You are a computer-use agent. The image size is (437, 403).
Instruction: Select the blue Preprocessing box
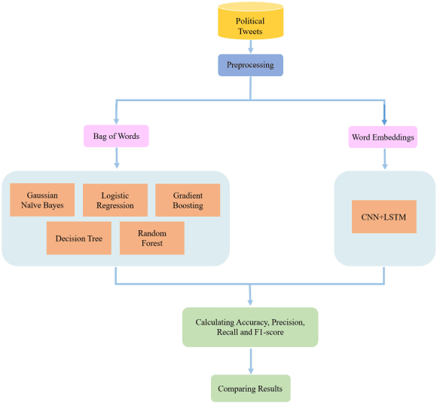[x=250, y=65]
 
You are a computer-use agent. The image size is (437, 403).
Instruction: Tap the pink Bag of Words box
[x=116, y=137]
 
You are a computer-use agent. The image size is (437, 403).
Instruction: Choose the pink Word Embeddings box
[x=384, y=137]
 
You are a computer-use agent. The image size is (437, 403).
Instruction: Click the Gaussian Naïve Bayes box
[x=42, y=200]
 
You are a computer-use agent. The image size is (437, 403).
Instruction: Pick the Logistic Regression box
[x=115, y=200]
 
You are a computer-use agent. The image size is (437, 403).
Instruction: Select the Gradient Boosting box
[x=188, y=200]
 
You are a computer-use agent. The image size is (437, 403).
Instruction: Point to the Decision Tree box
[x=78, y=238]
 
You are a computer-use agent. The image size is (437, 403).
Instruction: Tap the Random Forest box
[x=151, y=238]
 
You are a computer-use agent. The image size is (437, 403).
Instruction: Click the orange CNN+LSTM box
[x=384, y=217]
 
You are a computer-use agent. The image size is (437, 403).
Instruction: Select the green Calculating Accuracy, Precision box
[x=250, y=328]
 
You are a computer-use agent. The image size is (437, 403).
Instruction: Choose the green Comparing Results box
[x=250, y=388]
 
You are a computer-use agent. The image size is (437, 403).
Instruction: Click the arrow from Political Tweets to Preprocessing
[x=250, y=46]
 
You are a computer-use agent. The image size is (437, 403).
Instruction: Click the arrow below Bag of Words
[x=116, y=158]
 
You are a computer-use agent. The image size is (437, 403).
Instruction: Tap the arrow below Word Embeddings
[x=384, y=158]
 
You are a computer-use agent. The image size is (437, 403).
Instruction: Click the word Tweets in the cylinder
[x=250, y=31]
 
